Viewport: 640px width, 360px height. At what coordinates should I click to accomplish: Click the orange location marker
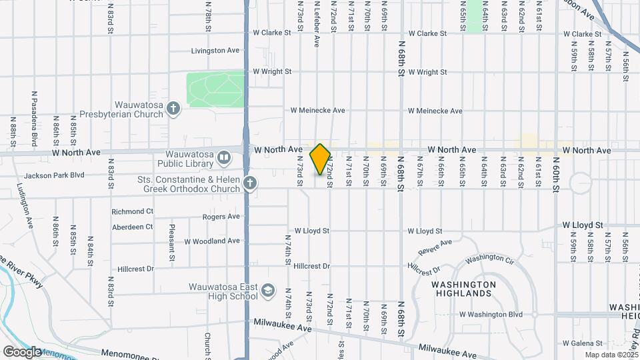(x=321, y=159)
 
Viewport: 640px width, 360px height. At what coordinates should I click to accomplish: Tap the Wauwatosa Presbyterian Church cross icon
(x=173, y=109)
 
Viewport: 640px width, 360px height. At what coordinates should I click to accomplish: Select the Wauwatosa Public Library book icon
(x=223, y=158)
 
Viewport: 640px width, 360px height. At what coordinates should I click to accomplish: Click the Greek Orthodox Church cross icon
(x=250, y=183)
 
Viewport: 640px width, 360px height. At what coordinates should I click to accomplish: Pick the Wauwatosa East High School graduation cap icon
(x=267, y=291)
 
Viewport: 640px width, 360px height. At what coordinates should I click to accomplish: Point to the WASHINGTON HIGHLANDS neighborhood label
(x=463, y=289)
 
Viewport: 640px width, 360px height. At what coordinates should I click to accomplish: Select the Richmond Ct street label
(x=133, y=211)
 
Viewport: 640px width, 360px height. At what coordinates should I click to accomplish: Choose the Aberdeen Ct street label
(x=132, y=227)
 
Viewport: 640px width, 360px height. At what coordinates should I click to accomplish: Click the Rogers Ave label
(x=221, y=217)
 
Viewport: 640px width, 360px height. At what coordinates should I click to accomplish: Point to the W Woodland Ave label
(x=211, y=241)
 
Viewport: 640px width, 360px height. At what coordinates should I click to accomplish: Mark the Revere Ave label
(x=435, y=247)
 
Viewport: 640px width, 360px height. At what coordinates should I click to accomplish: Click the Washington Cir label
(x=490, y=258)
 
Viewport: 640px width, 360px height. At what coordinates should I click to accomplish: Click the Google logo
(x=23, y=351)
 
